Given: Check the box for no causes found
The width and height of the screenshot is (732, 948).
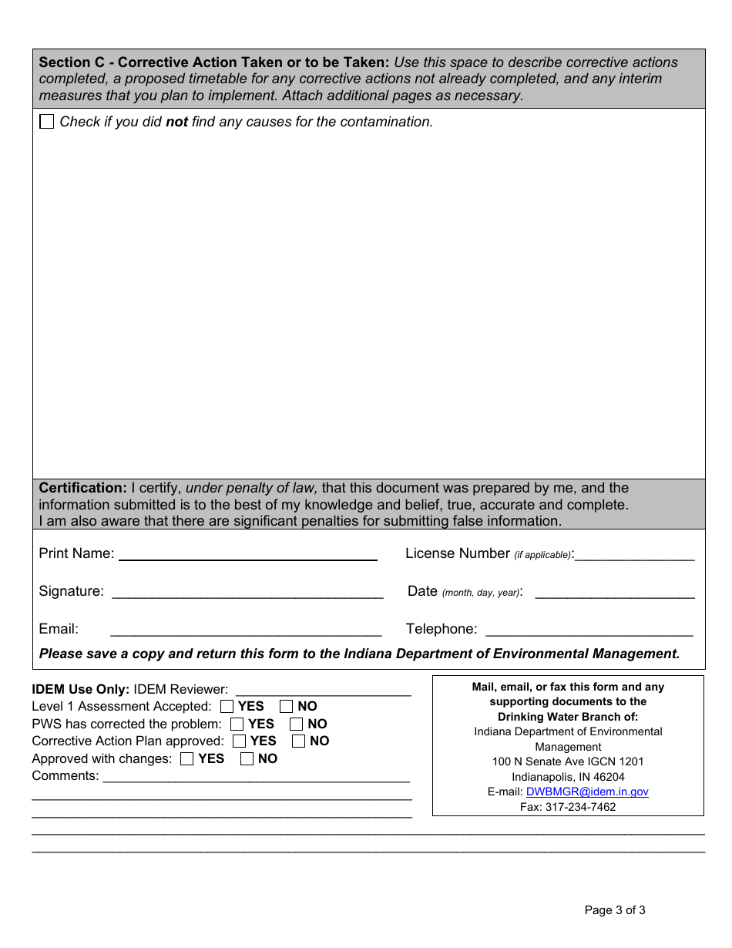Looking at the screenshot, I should [x=47, y=122].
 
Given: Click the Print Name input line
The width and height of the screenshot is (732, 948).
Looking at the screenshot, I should [x=247, y=554].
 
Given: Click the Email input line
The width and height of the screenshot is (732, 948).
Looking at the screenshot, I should [x=246, y=630].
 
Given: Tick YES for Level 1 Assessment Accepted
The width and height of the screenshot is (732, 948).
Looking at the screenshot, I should [x=227, y=706].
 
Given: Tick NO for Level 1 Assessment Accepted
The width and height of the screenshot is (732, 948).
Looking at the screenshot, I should [x=287, y=706].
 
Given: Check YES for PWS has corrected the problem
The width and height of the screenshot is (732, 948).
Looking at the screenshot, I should [x=237, y=724].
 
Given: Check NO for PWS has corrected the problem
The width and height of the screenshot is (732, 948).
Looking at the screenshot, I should [x=297, y=724].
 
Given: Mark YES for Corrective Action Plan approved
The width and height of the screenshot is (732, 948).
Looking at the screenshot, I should [x=240, y=741].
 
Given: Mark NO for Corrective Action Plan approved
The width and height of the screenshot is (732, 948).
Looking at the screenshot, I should [x=299, y=741].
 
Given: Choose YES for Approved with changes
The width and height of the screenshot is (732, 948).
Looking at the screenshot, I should [x=187, y=759].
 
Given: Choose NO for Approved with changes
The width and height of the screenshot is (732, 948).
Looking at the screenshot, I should [x=247, y=759].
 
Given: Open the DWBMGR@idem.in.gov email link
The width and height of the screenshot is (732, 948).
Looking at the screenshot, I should [x=587, y=792].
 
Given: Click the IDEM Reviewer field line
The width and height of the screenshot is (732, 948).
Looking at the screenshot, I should [x=323, y=690].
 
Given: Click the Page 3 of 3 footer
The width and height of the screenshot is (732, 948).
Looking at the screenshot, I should [x=615, y=910].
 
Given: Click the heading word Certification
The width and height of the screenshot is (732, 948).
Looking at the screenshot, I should [x=82, y=488].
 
